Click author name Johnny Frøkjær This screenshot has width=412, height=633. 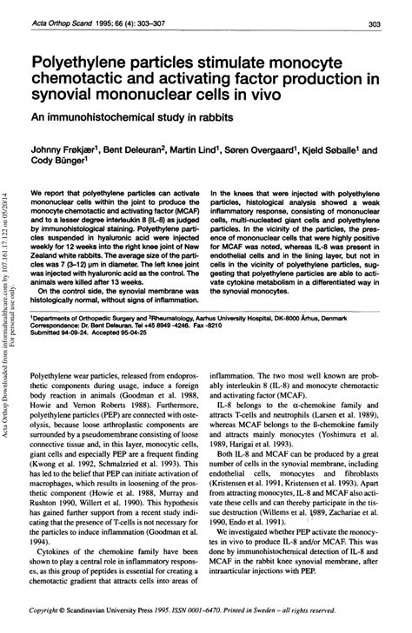click(x=64, y=148)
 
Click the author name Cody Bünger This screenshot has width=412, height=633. click(x=57, y=160)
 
